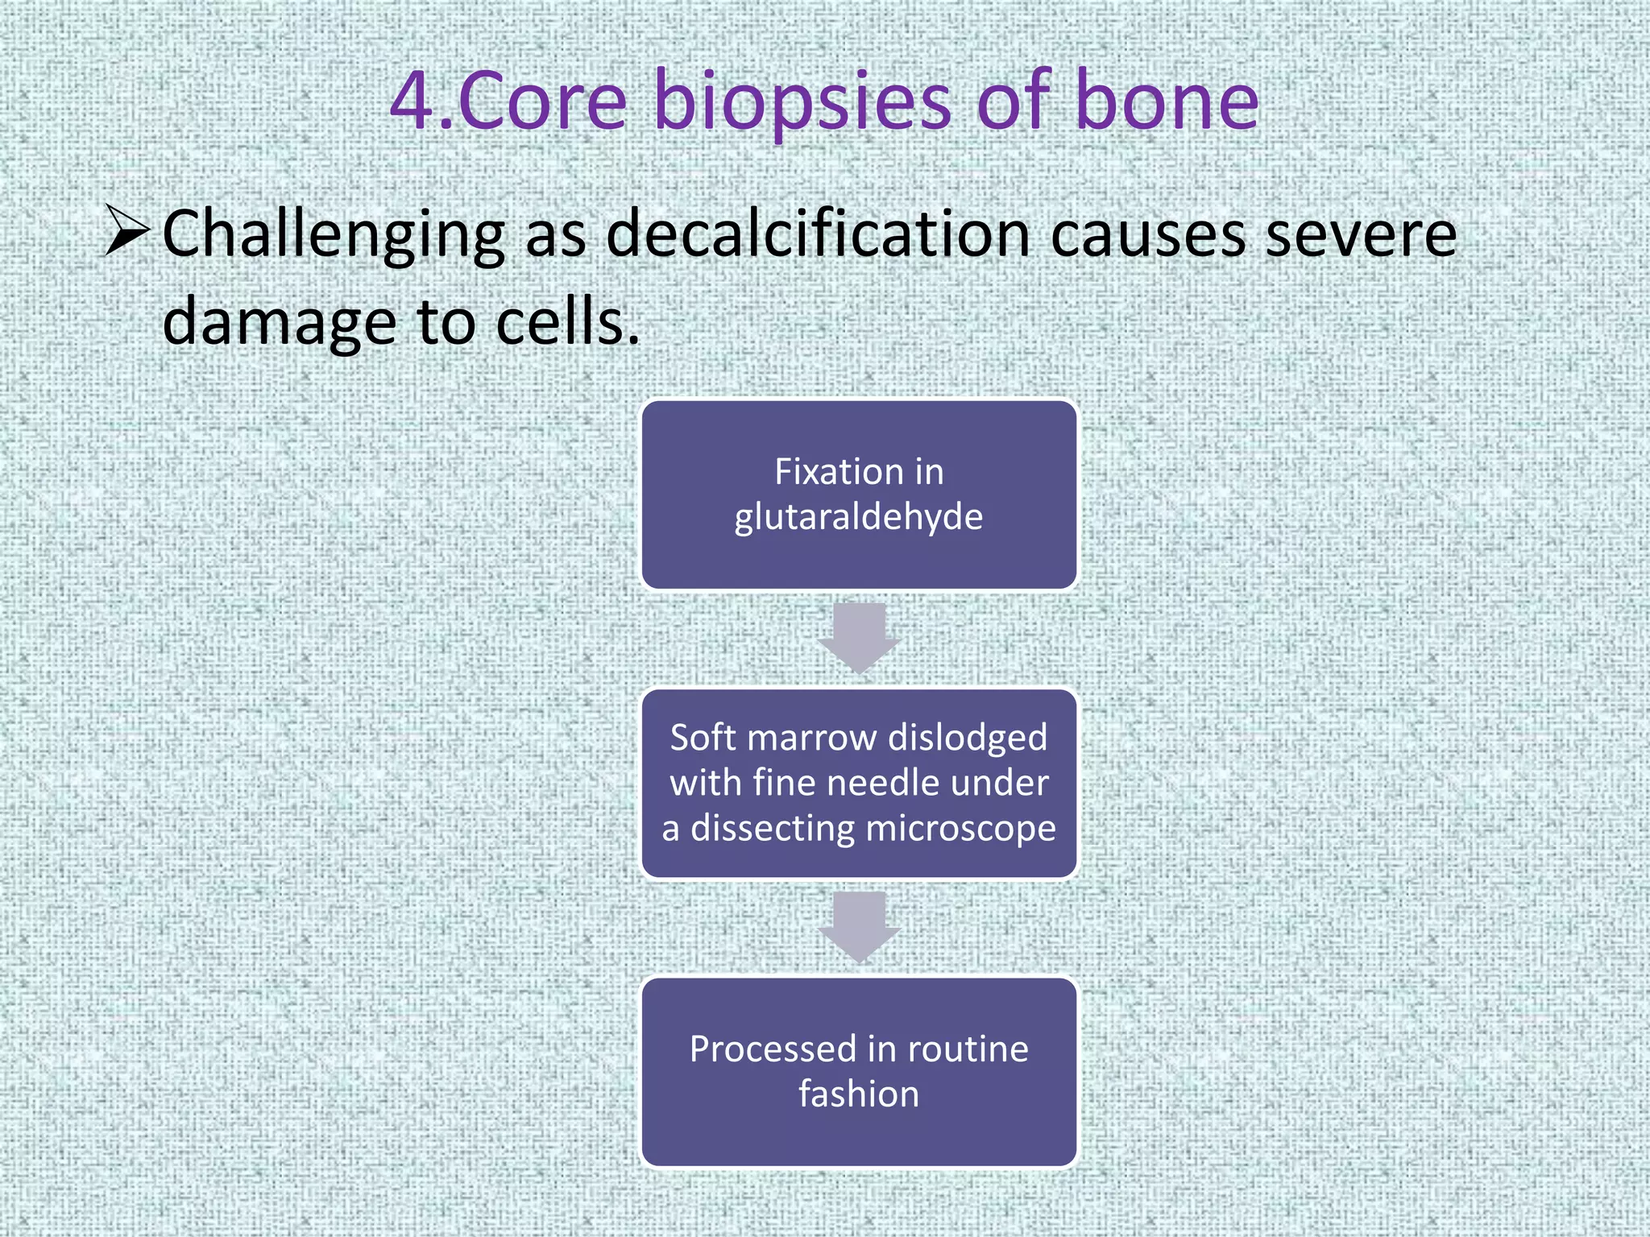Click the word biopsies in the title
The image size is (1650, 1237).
(x=803, y=102)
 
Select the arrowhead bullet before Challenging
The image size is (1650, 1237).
(x=127, y=230)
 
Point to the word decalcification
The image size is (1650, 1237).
(x=818, y=234)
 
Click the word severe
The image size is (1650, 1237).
(x=1361, y=234)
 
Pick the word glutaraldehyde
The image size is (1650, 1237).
(x=858, y=517)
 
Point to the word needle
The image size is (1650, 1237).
(x=887, y=783)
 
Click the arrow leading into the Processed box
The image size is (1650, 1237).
(x=859, y=927)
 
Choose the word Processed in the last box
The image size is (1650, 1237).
(x=773, y=1049)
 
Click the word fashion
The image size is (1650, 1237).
(x=858, y=1094)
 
